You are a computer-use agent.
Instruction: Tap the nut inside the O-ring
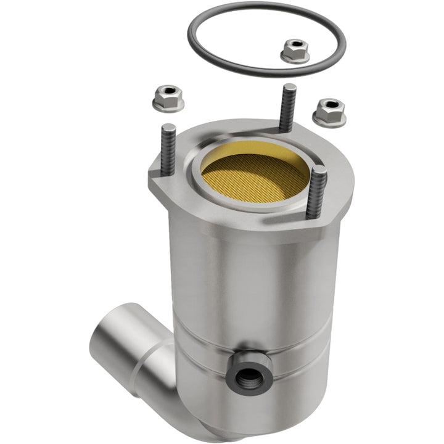[295, 51]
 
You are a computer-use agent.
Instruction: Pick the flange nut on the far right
[329, 111]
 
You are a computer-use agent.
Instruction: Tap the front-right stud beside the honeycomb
[316, 191]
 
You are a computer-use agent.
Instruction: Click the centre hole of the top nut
[295, 45]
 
